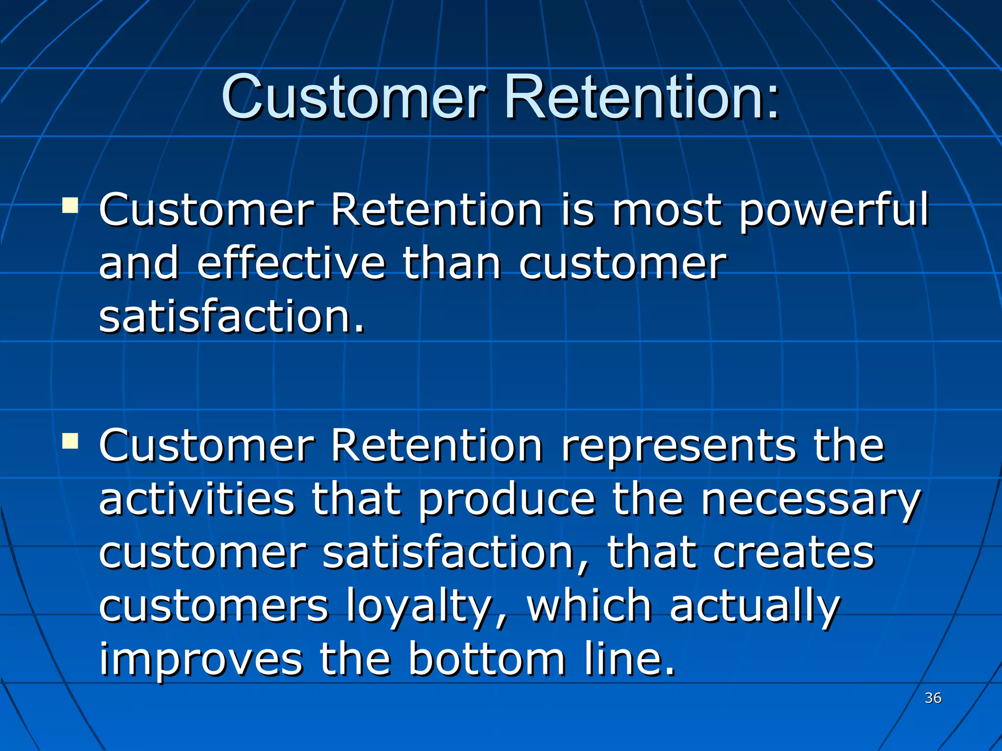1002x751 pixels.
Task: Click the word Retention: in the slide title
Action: coord(641,98)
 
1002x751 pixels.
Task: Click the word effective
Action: coord(291,264)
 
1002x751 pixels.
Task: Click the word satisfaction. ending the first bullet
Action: coord(232,317)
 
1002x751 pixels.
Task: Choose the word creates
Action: coord(793,553)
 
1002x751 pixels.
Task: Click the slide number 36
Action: coord(933,698)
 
